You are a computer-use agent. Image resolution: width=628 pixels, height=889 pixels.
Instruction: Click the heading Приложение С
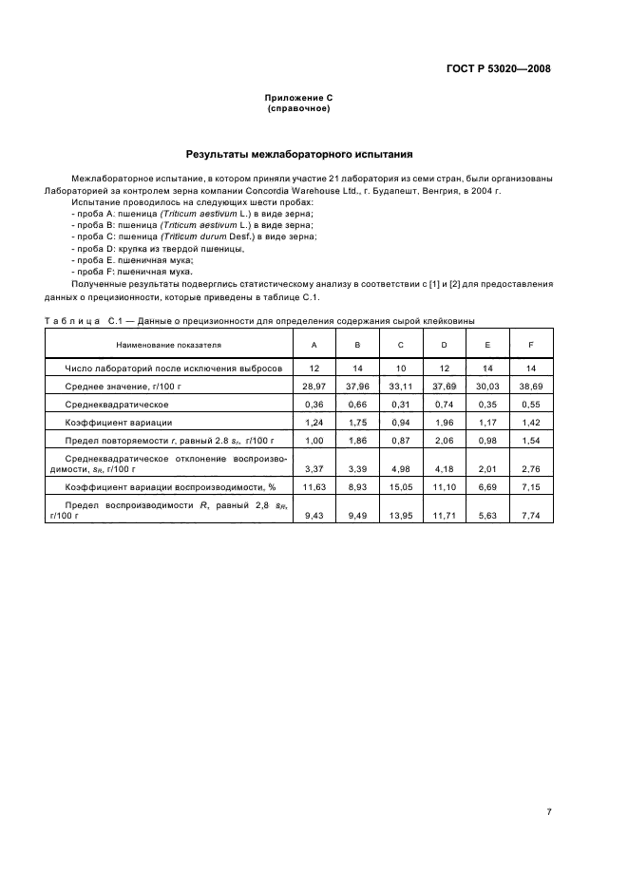click(x=298, y=98)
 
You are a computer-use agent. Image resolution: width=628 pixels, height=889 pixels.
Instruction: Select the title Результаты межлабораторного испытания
click(x=298, y=152)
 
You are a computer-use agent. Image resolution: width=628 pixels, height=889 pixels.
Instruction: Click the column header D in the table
click(x=443, y=345)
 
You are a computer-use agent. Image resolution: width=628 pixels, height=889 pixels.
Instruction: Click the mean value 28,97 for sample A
click(x=314, y=387)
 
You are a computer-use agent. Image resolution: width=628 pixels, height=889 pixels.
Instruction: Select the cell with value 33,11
click(x=400, y=387)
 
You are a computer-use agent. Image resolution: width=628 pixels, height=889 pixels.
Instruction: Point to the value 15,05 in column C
click(x=400, y=486)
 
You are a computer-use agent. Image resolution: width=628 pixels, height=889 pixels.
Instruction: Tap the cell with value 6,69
click(x=487, y=486)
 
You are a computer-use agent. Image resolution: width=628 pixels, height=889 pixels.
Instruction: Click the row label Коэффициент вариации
click(x=119, y=422)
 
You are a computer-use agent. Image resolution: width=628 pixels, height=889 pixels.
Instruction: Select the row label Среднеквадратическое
click(x=117, y=405)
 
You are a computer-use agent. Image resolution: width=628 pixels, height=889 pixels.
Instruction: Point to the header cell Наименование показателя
click(x=168, y=345)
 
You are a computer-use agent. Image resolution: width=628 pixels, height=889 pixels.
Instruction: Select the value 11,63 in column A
click(x=314, y=486)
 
